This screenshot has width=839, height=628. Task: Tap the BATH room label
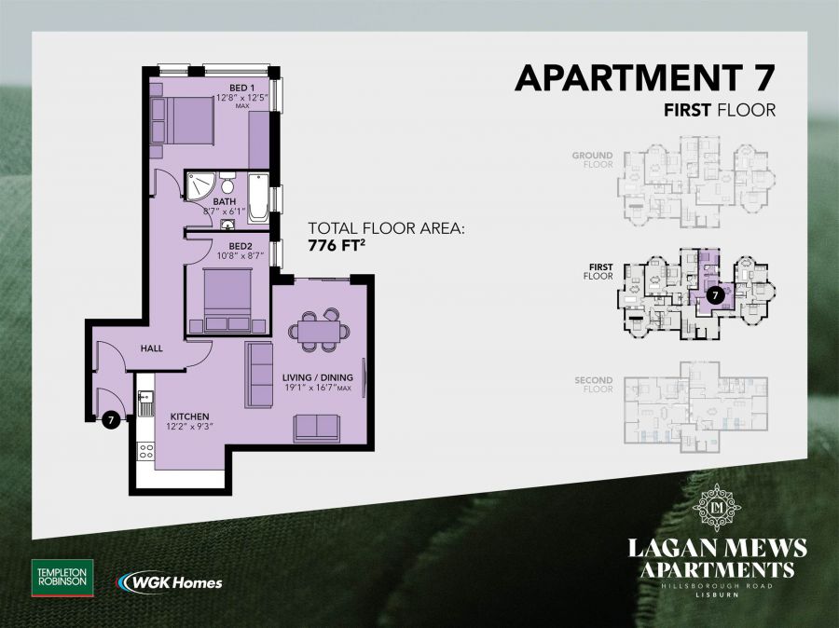coord(225,200)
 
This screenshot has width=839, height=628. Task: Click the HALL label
coord(152,348)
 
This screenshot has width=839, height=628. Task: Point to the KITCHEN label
coord(189,416)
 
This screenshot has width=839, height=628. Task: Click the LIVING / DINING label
coord(316,376)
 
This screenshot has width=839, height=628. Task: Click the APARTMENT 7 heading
coord(645,78)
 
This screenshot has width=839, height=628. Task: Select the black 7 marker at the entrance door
coord(111,420)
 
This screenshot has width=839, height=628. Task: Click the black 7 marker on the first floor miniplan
coord(714,295)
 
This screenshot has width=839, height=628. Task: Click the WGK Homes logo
coord(170,582)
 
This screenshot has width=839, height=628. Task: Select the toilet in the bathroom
coord(227,183)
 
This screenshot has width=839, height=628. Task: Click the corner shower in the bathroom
coord(199,189)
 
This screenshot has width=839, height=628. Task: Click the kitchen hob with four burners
coord(146,451)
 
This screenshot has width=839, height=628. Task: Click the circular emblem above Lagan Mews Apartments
coord(719,508)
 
